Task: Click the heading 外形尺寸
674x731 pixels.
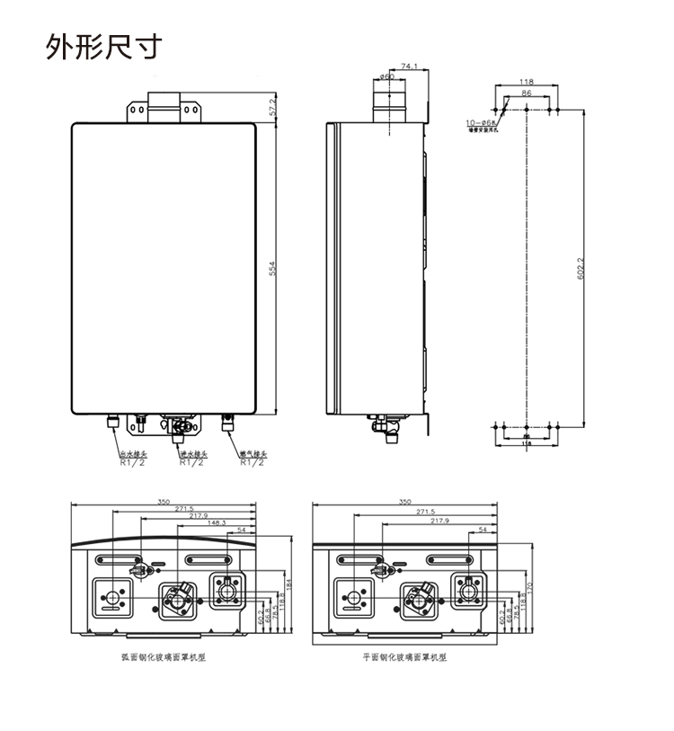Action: click(104, 47)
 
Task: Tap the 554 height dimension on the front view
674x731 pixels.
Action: click(272, 267)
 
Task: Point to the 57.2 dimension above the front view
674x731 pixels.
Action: click(272, 106)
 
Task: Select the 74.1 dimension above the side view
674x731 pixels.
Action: click(409, 67)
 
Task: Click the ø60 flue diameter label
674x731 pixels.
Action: click(387, 77)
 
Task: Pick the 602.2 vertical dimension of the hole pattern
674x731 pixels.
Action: click(581, 267)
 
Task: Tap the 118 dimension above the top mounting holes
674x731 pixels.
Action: click(527, 82)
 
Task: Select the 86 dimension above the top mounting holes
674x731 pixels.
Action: click(526, 94)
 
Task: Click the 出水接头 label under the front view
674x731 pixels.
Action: click(132, 455)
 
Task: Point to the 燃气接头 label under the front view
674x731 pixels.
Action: click(253, 455)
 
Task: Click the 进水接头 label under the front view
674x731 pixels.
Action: click(191, 455)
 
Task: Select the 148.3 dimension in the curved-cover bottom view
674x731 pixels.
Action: click(217, 522)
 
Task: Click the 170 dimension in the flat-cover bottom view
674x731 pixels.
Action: click(531, 589)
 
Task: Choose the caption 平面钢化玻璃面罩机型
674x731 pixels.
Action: click(405, 657)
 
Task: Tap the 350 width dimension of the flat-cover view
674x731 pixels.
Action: click(404, 502)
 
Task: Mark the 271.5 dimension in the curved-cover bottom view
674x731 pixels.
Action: click(184, 509)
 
